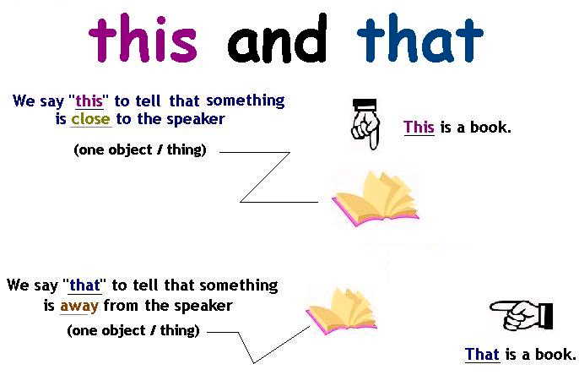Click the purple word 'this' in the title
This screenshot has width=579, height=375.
tap(143, 40)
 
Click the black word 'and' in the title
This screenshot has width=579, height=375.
tap(278, 40)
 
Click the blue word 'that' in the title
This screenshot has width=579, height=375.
tap(419, 40)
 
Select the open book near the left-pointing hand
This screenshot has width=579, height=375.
tap(341, 308)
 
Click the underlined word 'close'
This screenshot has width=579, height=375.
tap(90, 119)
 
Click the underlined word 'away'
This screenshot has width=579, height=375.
tap(75, 305)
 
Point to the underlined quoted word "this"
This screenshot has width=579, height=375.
tap(89, 101)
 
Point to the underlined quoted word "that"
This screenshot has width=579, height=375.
tap(84, 285)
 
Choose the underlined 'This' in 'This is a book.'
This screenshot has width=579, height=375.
tap(419, 128)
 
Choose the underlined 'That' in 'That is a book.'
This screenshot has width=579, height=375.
tap(482, 355)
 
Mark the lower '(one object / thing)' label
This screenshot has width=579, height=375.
tap(133, 331)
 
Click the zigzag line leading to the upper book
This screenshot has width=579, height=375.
tap(265, 177)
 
